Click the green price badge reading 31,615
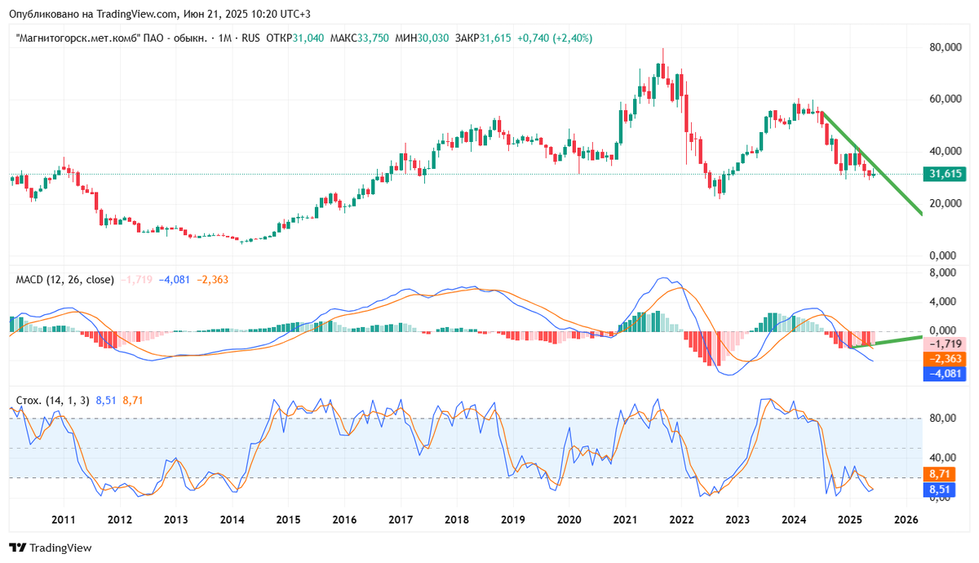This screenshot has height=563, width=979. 946,174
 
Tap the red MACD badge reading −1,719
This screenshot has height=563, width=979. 946,344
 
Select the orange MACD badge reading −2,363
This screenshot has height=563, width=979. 946,359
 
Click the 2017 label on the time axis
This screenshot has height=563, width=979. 400,520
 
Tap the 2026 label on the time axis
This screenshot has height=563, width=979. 906,520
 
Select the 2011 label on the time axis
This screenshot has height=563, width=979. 64,520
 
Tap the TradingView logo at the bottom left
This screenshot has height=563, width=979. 51,548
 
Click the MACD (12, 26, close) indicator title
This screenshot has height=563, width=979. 65,280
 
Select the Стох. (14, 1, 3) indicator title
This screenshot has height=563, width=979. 53,401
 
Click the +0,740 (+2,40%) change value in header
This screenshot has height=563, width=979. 554,38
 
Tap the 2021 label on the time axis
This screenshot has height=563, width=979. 625,520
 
